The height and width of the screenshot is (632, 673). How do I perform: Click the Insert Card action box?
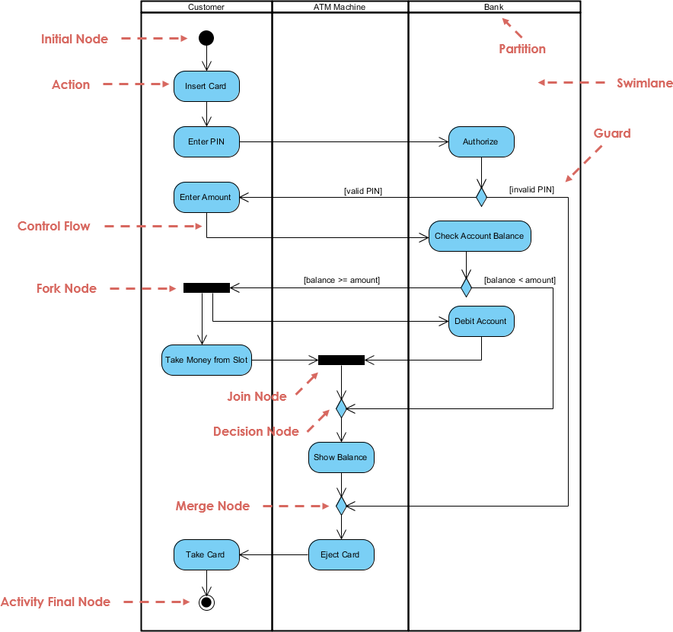[x=206, y=86]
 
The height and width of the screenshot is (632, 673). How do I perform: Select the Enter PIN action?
[x=206, y=141]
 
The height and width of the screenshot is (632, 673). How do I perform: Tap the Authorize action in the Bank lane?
[x=480, y=141]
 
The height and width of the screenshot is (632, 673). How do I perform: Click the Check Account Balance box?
[x=479, y=236]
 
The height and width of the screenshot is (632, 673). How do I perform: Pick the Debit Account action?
[x=480, y=321]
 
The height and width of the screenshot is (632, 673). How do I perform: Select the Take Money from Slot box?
[x=206, y=360]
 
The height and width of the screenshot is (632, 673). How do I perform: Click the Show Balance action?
[x=340, y=457]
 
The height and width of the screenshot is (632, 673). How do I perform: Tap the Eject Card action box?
[x=340, y=554]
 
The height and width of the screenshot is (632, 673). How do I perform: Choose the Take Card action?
[x=206, y=554]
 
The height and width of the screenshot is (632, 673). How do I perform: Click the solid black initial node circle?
[x=206, y=37]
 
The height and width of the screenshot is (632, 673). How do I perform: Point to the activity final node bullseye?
[x=206, y=602]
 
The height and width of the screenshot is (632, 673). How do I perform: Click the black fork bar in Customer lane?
[x=206, y=287]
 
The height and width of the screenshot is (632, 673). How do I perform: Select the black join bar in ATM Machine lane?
[x=341, y=360]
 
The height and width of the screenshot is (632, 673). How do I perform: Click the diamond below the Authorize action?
[x=481, y=197]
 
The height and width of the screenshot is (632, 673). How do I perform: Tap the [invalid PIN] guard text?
[x=531, y=189]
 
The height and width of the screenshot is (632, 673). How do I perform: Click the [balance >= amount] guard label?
[x=341, y=280]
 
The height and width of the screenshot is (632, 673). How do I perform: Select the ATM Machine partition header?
[x=340, y=7]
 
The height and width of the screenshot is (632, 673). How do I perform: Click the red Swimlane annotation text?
[x=644, y=83]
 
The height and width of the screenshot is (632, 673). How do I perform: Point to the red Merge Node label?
[x=212, y=506]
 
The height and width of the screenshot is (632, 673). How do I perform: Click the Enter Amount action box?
[x=206, y=197]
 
